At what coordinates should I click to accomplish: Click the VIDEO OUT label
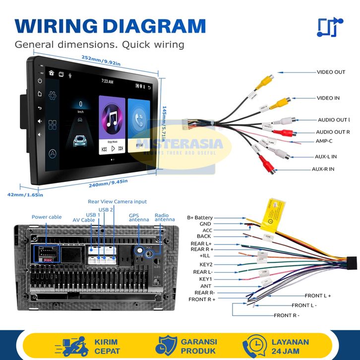[x=331, y=72]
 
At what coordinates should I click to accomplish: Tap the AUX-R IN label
[x=323, y=169]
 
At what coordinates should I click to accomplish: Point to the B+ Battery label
[x=199, y=218]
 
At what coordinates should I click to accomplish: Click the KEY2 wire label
[x=205, y=265]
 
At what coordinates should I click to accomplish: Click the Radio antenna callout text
[x=165, y=217]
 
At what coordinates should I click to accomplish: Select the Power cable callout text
[x=47, y=217]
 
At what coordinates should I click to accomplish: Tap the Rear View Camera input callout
[x=118, y=202]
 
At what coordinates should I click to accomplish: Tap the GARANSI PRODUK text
[x=199, y=346]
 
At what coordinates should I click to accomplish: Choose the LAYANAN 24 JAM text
[x=290, y=346]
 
